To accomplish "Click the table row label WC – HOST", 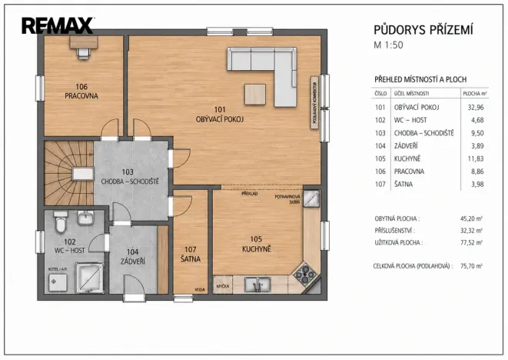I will click(411, 120).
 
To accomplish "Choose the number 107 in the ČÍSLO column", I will click(380, 183).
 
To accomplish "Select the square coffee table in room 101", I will click(255, 92).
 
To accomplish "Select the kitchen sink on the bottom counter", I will click(257, 285).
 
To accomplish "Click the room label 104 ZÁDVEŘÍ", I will click(133, 257).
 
